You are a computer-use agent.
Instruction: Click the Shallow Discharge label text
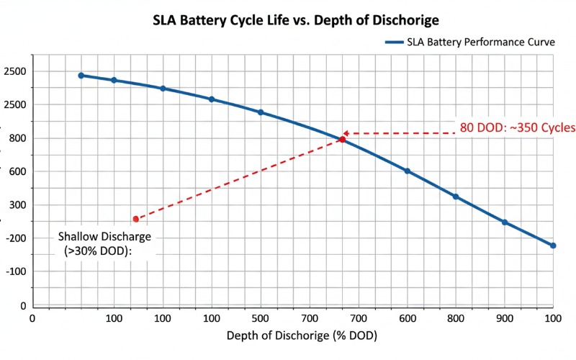pos(105,237)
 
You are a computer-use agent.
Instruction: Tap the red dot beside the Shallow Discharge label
pos(135,219)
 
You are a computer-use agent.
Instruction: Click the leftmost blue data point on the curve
pos(81,75)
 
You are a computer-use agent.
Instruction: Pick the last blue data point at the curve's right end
pos(553,246)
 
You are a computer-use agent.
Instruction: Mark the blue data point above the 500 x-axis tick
pos(261,112)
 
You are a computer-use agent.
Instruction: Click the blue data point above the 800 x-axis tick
pos(456,197)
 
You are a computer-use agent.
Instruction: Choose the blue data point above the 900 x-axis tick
pos(505,222)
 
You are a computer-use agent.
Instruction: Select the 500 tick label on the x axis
pos(261,318)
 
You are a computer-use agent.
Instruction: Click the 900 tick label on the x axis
pos(505,318)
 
